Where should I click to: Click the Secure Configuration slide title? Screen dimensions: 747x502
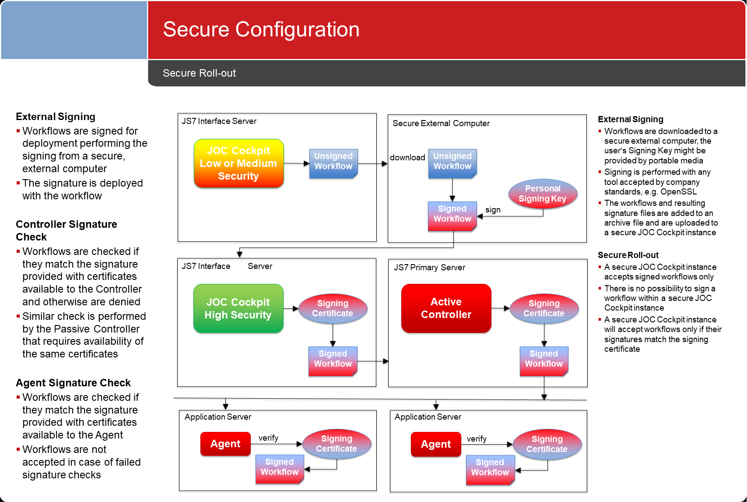click(x=261, y=29)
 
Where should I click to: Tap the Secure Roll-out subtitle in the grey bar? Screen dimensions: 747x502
click(x=199, y=73)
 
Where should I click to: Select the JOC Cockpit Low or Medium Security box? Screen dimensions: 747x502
click(x=239, y=163)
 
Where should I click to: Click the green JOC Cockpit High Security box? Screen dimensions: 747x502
click(x=238, y=308)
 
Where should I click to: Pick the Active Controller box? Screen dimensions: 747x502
click(x=446, y=308)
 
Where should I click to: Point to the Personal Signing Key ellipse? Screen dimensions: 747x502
click(x=543, y=194)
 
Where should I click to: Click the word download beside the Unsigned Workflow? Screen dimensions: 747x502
click(x=407, y=158)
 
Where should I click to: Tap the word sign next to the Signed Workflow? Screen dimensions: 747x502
click(x=493, y=210)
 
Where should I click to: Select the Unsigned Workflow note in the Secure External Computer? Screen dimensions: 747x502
click(x=452, y=163)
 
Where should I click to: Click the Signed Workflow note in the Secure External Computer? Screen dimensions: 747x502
click(x=452, y=216)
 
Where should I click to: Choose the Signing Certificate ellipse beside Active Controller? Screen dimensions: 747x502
click(x=544, y=308)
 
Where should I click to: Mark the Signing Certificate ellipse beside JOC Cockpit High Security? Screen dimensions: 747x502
click(x=333, y=308)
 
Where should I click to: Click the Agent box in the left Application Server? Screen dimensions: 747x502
click(x=225, y=444)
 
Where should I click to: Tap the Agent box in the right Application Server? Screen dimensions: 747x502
click(x=436, y=444)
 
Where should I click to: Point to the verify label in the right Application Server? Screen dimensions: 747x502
click(x=477, y=438)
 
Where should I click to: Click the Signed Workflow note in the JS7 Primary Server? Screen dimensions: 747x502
click(x=544, y=361)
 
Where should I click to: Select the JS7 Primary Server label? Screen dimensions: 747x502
click(x=430, y=267)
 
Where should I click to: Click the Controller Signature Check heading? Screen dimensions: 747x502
click(x=67, y=230)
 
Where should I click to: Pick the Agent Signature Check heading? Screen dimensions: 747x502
click(x=73, y=382)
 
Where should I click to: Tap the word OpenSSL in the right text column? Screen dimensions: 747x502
click(x=678, y=192)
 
